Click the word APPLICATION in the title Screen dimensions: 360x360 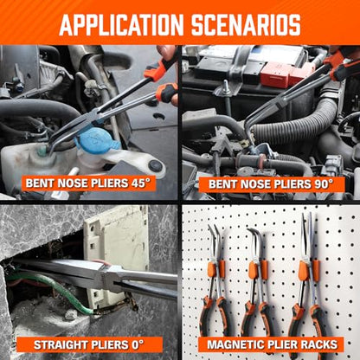tap(121, 24)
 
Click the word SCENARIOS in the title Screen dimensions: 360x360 tap(246, 24)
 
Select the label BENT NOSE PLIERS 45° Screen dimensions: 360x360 tap(88, 183)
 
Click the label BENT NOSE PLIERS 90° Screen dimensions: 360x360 tap(271, 184)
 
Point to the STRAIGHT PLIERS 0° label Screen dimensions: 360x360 tap(89, 344)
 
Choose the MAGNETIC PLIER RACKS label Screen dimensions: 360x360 tap(273, 344)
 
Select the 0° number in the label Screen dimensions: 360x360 tap(136, 344)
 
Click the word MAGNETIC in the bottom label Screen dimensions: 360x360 tap(233, 344)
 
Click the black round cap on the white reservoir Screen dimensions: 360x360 tap(155, 165)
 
